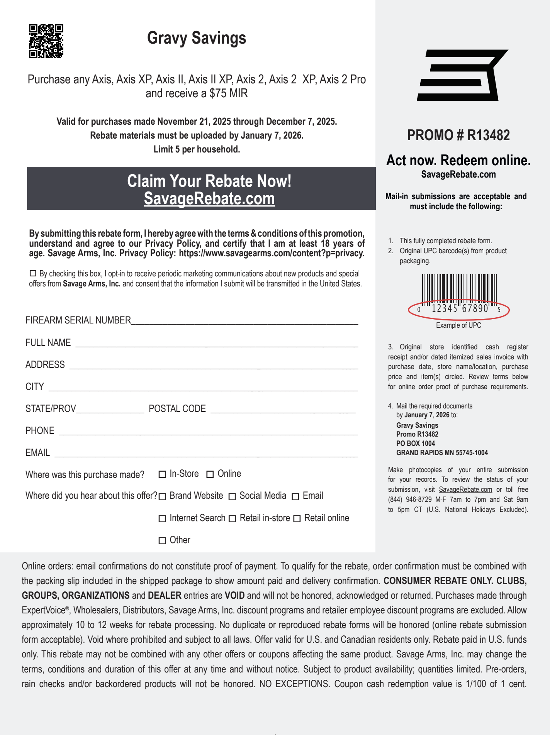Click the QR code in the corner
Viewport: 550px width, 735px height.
click(x=46, y=41)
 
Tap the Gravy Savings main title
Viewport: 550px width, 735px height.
click(x=197, y=38)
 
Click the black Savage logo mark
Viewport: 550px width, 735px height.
click(x=462, y=75)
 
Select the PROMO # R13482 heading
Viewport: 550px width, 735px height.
click(x=458, y=135)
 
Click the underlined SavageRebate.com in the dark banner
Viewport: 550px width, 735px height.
click(x=209, y=199)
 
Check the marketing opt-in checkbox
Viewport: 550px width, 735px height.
click(x=33, y=273)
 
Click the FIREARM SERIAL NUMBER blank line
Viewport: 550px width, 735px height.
click(x=244, y=323)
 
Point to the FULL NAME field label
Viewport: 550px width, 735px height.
click(x=48, y=343)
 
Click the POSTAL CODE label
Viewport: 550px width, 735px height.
click(x=177, y=409)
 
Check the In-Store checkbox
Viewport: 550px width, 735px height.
click(x=162, y=474)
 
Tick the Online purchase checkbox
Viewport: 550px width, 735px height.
click(x=210, y=474)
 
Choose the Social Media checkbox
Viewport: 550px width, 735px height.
click(x=232, y=497)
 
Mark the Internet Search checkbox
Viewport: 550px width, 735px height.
click(x=162, y=519)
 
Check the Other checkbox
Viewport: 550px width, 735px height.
click(x=162, y=541)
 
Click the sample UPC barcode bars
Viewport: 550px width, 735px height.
click(x=459, y=288)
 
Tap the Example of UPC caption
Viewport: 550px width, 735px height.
click(x=458, y=325)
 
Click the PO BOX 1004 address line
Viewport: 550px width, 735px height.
click(x=416, y=444)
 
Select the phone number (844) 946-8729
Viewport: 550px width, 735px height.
click(x=410, y=500)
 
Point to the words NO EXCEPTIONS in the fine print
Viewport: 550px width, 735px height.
click(x=294, y=684)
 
